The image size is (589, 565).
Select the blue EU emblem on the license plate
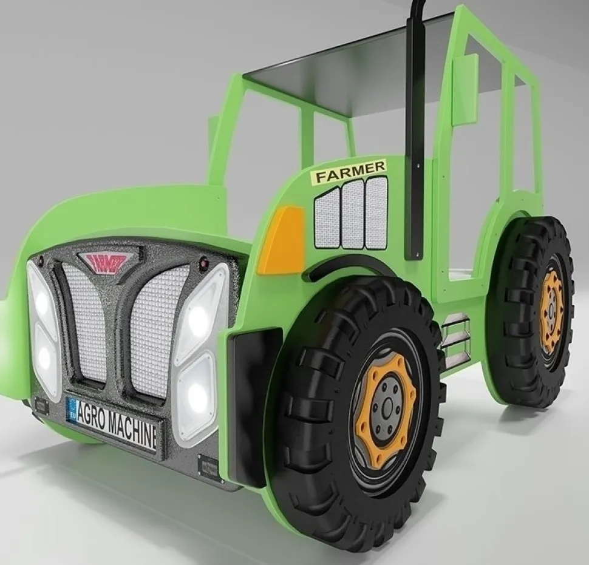click(72, 408)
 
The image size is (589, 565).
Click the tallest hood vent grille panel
click(376, 212)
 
